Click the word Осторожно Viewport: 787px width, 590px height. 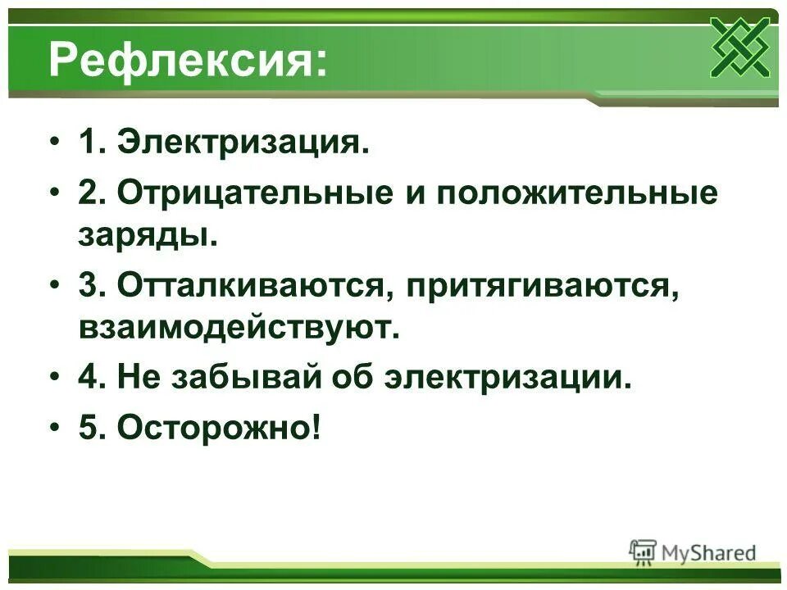tap(214, 428)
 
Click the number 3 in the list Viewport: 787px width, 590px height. tap(89, 286)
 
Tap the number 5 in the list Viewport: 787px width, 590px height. tap(89, 428)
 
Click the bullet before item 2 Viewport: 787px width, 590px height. tap(55, 194)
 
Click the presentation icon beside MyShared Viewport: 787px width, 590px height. tap(643, 552)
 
